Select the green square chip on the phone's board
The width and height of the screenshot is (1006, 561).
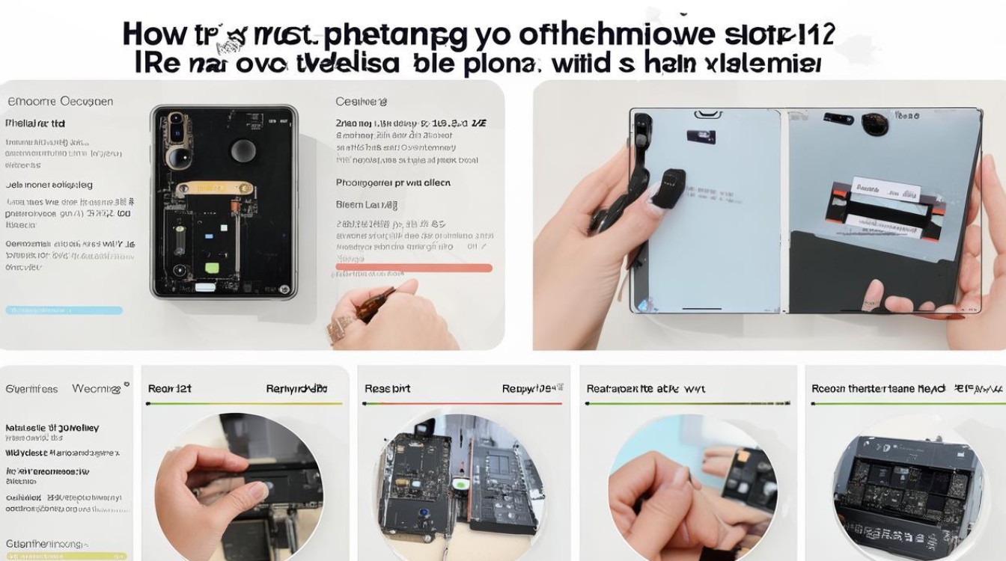coord(212,267)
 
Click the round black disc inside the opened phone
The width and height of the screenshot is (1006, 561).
coord(243,150)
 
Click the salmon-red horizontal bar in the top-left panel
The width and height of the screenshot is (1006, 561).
coord(414,267)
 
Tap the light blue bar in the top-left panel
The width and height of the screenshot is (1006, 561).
coord(64,310)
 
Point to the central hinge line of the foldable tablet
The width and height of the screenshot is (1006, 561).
coord(784,209)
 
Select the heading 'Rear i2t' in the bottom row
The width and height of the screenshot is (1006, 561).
coord(169,389)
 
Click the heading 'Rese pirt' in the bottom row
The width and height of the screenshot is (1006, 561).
coord(387,389)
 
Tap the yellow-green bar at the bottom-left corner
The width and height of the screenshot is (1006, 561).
coord(64,557)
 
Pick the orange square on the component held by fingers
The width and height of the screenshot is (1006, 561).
coord(745,456)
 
